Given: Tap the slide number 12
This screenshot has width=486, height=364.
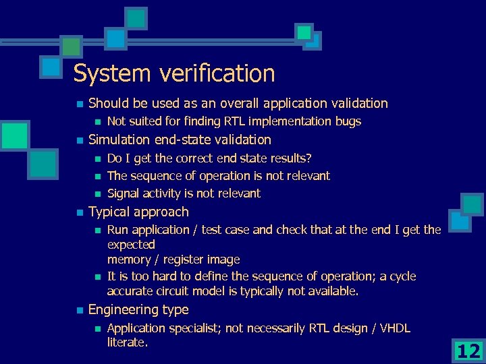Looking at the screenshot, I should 467,351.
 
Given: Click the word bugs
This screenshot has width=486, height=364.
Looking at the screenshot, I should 347,122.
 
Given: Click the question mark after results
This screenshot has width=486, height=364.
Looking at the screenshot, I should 309,158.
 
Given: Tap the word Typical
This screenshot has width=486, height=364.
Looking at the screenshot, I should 111,212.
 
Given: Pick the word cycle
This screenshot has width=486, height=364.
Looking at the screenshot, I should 401,276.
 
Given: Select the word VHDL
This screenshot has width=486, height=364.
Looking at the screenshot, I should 394,328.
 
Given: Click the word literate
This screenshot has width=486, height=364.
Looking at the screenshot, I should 127,342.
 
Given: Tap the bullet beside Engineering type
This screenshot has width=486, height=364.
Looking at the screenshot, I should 79,311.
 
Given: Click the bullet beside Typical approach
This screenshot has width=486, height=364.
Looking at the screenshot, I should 79,212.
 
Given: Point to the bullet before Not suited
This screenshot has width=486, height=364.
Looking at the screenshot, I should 98,122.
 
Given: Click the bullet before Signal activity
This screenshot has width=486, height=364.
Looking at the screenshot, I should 98,193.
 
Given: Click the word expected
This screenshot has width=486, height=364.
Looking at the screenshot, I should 131,245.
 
